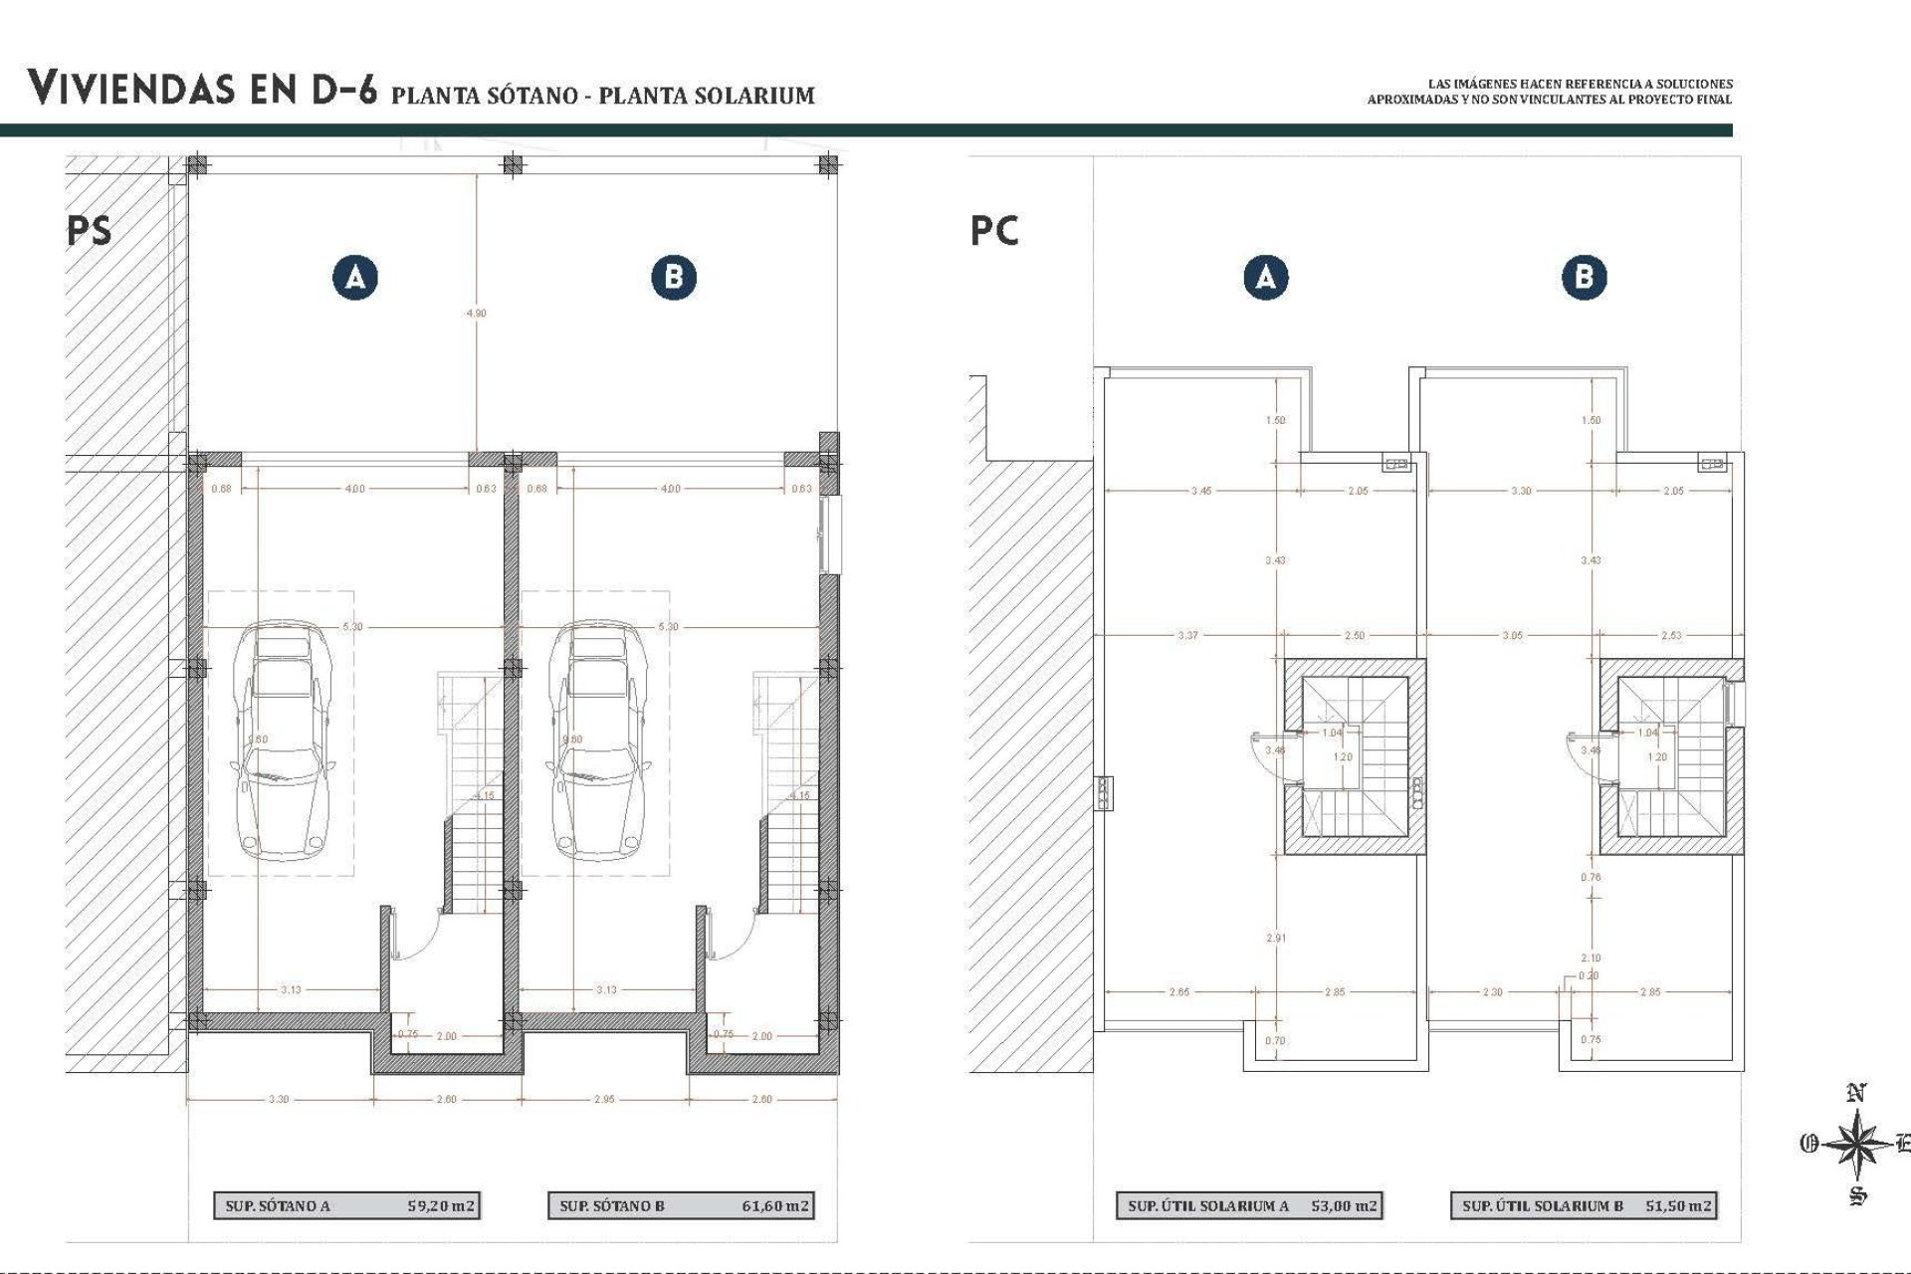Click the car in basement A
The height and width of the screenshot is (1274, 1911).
tap(283, 741)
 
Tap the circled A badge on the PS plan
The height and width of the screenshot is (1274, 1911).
tap(355, 277)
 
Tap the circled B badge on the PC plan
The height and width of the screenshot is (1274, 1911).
tap(1584, 277)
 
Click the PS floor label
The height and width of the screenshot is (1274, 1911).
tap(90, 231)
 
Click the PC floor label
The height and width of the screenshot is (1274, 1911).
tap(994, 231)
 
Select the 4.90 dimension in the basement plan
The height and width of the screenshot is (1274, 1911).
tap(477, 313)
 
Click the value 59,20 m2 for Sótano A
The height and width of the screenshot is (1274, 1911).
tap(441, 1205)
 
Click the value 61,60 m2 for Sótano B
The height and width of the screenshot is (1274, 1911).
tap(775, 1205)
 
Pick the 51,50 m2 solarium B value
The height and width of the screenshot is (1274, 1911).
tap(1678, 1205)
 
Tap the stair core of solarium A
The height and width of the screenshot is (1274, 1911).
tap(1354, 756)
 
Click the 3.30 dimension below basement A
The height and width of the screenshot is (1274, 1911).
tap(279, 1099)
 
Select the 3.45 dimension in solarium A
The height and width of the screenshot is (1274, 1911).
tap(1201, 491)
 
